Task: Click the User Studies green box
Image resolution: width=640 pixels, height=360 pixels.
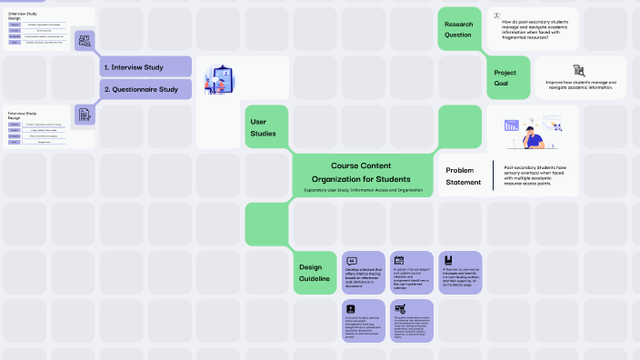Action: click(265, 127)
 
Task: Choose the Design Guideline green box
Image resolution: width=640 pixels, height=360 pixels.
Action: click(315, 272)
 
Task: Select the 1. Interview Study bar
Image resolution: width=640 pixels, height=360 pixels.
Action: click(145, 66)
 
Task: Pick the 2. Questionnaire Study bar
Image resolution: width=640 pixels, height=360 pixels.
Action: click(145, 89)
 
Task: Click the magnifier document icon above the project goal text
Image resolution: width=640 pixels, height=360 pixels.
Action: click(579, 70)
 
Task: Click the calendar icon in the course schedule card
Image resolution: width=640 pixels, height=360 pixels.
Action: click(399, 261)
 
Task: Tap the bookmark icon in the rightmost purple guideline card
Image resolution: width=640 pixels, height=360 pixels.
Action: click(448, 260)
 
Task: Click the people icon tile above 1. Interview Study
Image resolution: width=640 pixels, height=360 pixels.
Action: click(85, 40)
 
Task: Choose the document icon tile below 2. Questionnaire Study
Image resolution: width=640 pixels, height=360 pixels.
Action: click(85, 115)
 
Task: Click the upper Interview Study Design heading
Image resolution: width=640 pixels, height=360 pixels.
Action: click(23, 16)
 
